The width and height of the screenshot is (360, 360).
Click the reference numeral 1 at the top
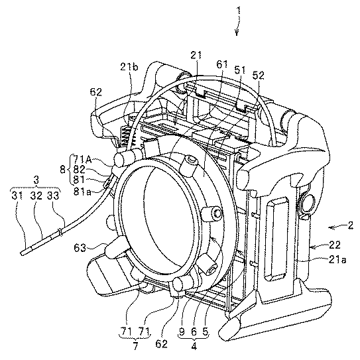pos(239,11)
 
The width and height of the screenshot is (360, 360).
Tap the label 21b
pos(129,67)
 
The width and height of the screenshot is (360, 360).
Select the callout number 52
pos(259,76)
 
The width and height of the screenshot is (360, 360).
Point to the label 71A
pos(82,159)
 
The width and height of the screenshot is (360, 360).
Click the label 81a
pos(82,192)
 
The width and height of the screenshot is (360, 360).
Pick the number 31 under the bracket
pos(17,196)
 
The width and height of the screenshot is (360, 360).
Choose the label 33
pos(53,196)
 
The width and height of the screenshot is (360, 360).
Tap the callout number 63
pos(80,248)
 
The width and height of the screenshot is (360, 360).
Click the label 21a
pos(337,260)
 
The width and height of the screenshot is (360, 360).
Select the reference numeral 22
pos(334,245)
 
